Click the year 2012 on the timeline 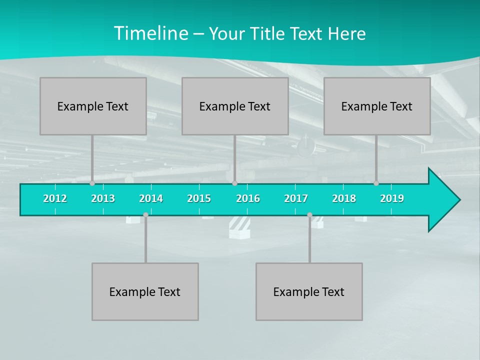[55, 198]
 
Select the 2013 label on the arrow [103, 198]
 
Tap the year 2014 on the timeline [151, 198]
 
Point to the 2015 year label [199, 198]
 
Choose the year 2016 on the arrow [248, 198]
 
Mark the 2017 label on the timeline [296, 198]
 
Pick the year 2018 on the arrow [344, 198]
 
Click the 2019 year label [392, 198]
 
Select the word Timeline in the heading [150, 33]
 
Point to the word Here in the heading [346, 33]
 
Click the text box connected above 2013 [93, 106]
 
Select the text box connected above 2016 [235, 106]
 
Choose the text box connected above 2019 [377, 106]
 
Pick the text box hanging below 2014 [145, 291]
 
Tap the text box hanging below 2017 [309, 291]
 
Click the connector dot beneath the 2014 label [145, 215]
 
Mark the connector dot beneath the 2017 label [309, 215]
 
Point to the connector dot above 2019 [376, 183]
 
